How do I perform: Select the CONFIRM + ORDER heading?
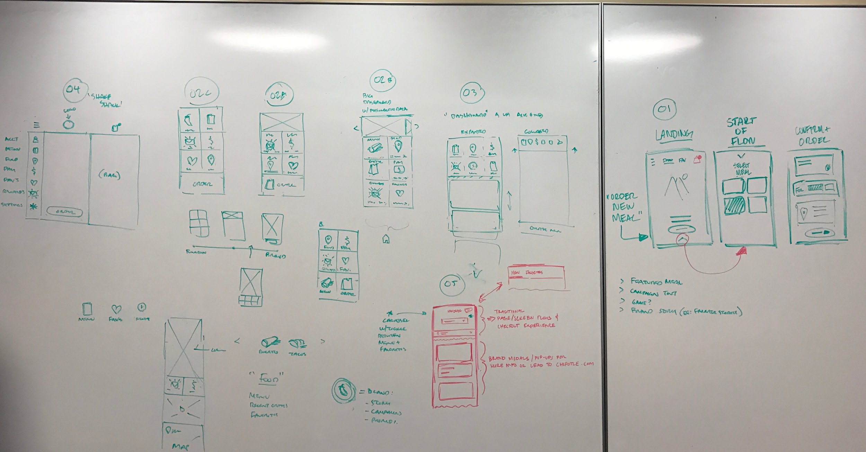[x=815, y=135]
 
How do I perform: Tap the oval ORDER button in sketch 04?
[x=65, y=212]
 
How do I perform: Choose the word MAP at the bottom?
[x=180, y=446]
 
